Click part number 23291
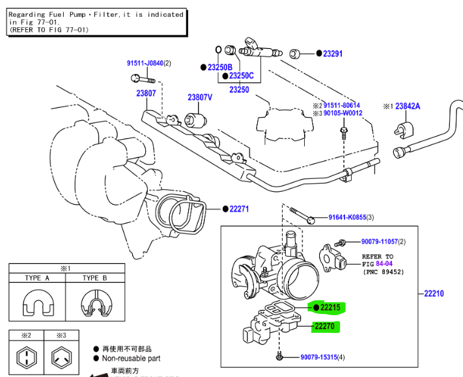(x=333, y=54)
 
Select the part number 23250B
(x=219, y=67)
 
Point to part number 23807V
(x=200, y=97)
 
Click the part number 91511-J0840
(x=144, y=63)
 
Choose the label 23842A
(x=408, y=106)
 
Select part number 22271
(x=240, y=209)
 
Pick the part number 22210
(x=434, y=294)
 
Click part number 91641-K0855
(x=346, y=217)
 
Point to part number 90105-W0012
(x=343, y=113)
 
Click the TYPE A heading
(x=37, y=278)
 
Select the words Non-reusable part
(x=131, y=358)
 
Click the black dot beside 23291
(x=319, y=54)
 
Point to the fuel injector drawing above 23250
(x=259, y=47)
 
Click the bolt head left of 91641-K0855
(x=311, y=218)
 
